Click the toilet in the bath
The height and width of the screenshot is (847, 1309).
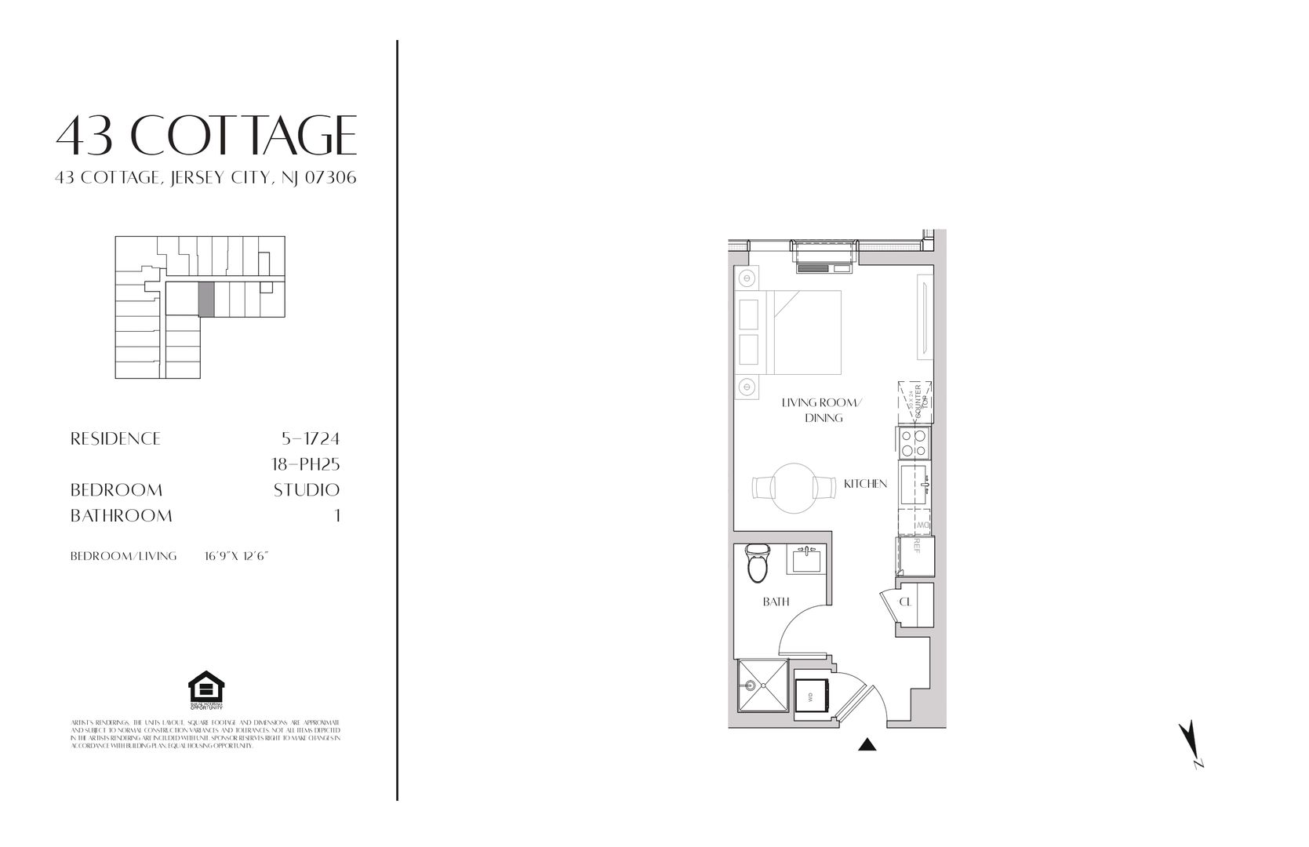[757, 564]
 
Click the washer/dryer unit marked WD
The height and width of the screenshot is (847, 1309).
[811, 694]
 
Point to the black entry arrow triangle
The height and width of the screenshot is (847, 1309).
[867, 745]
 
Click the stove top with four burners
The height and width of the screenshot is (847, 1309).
[914, 443]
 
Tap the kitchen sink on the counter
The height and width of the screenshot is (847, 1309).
[914, 485]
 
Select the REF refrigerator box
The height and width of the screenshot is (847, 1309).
[914, 555]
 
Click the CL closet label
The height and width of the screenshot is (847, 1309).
[905, 602]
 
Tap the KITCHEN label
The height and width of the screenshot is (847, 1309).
[865, 484]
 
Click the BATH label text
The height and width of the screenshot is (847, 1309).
[776, 602]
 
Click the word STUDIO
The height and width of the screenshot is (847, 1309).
[306, 490]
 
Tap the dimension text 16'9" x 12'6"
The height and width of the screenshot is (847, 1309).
[236, 556]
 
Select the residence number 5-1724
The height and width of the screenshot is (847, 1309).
[310, 438]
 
